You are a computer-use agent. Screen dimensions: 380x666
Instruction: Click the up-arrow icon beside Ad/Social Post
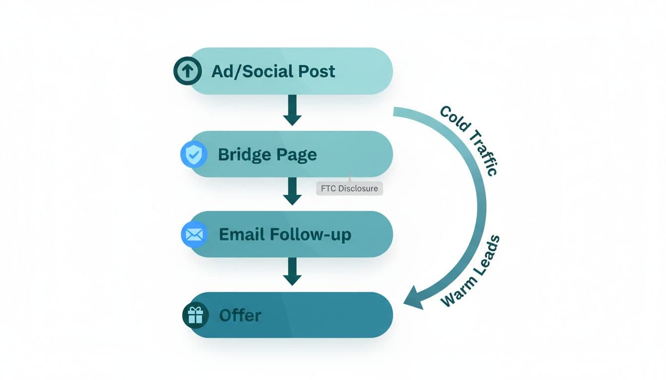(187, 71)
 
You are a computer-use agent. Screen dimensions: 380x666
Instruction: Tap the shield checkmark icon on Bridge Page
(193, 154)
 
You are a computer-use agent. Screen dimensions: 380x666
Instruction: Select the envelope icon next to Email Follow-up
(193, 235)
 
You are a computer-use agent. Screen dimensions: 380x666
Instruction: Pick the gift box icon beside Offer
(195, 315)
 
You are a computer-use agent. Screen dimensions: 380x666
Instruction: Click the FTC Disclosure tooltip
(349, 188)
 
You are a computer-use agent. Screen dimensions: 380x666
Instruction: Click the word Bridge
(240, 154)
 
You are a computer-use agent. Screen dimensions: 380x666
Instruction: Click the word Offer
(240, 315)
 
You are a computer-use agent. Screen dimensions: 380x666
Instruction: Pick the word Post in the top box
(316, 71)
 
